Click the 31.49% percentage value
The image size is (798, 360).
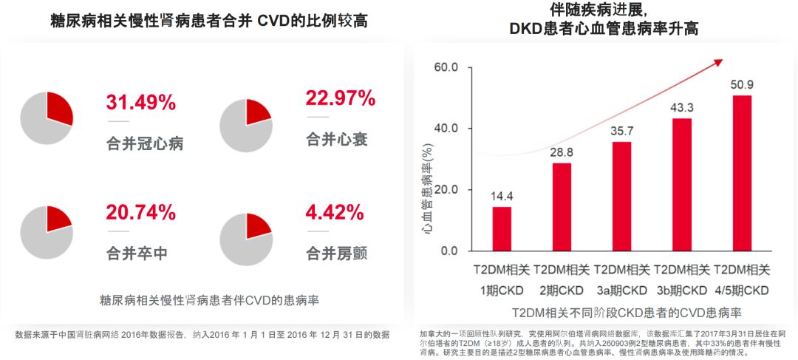140,102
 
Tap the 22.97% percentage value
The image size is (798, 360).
341,98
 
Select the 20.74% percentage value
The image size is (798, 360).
140,213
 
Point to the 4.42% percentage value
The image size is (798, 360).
335,213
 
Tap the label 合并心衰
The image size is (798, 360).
336,139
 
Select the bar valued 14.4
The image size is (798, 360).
502,229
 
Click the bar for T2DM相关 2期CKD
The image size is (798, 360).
562,207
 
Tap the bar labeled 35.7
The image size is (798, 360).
622,197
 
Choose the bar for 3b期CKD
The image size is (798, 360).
682,185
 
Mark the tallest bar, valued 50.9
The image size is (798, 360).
742,174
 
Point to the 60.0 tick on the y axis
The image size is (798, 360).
446,68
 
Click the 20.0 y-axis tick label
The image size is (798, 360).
446,190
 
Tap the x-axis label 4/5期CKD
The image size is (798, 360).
742,289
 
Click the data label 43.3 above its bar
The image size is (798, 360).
682,108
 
